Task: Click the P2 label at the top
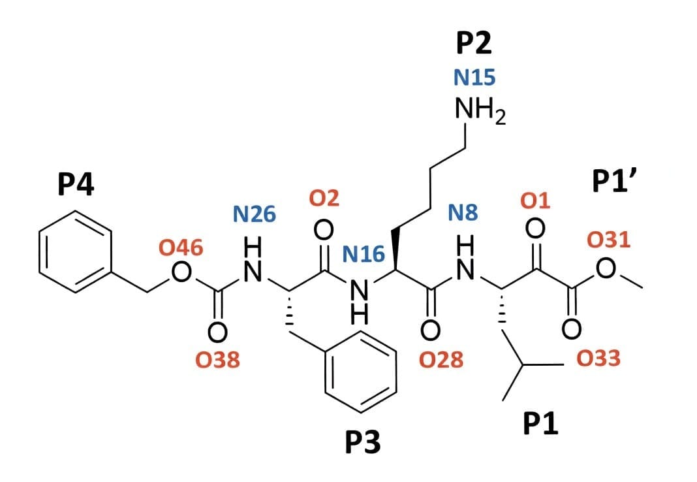pyautogui.click(x=474, y=43)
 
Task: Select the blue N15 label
pyautogui.click(x=474, y=78)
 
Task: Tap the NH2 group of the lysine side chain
pyautogui.click(x=480, y=112)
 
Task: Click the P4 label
pyautogui.click(x=76, y=185)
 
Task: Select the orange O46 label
pyautogui.click(x=181, y=247)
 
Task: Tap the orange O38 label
pyautogui.click(x=217, y=360)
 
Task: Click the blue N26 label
pyautogui.click(x=255, y=214)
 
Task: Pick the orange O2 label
pyautogui.click(x=324, y=198)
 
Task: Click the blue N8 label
pyautogui.click(x=463, y=212)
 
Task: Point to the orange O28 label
pyautogui.click(x=442, y=359)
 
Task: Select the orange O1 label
pyautogui.click(x=535, y=201)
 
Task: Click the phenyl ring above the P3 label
pyautogui.click(x=361, y=372)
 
